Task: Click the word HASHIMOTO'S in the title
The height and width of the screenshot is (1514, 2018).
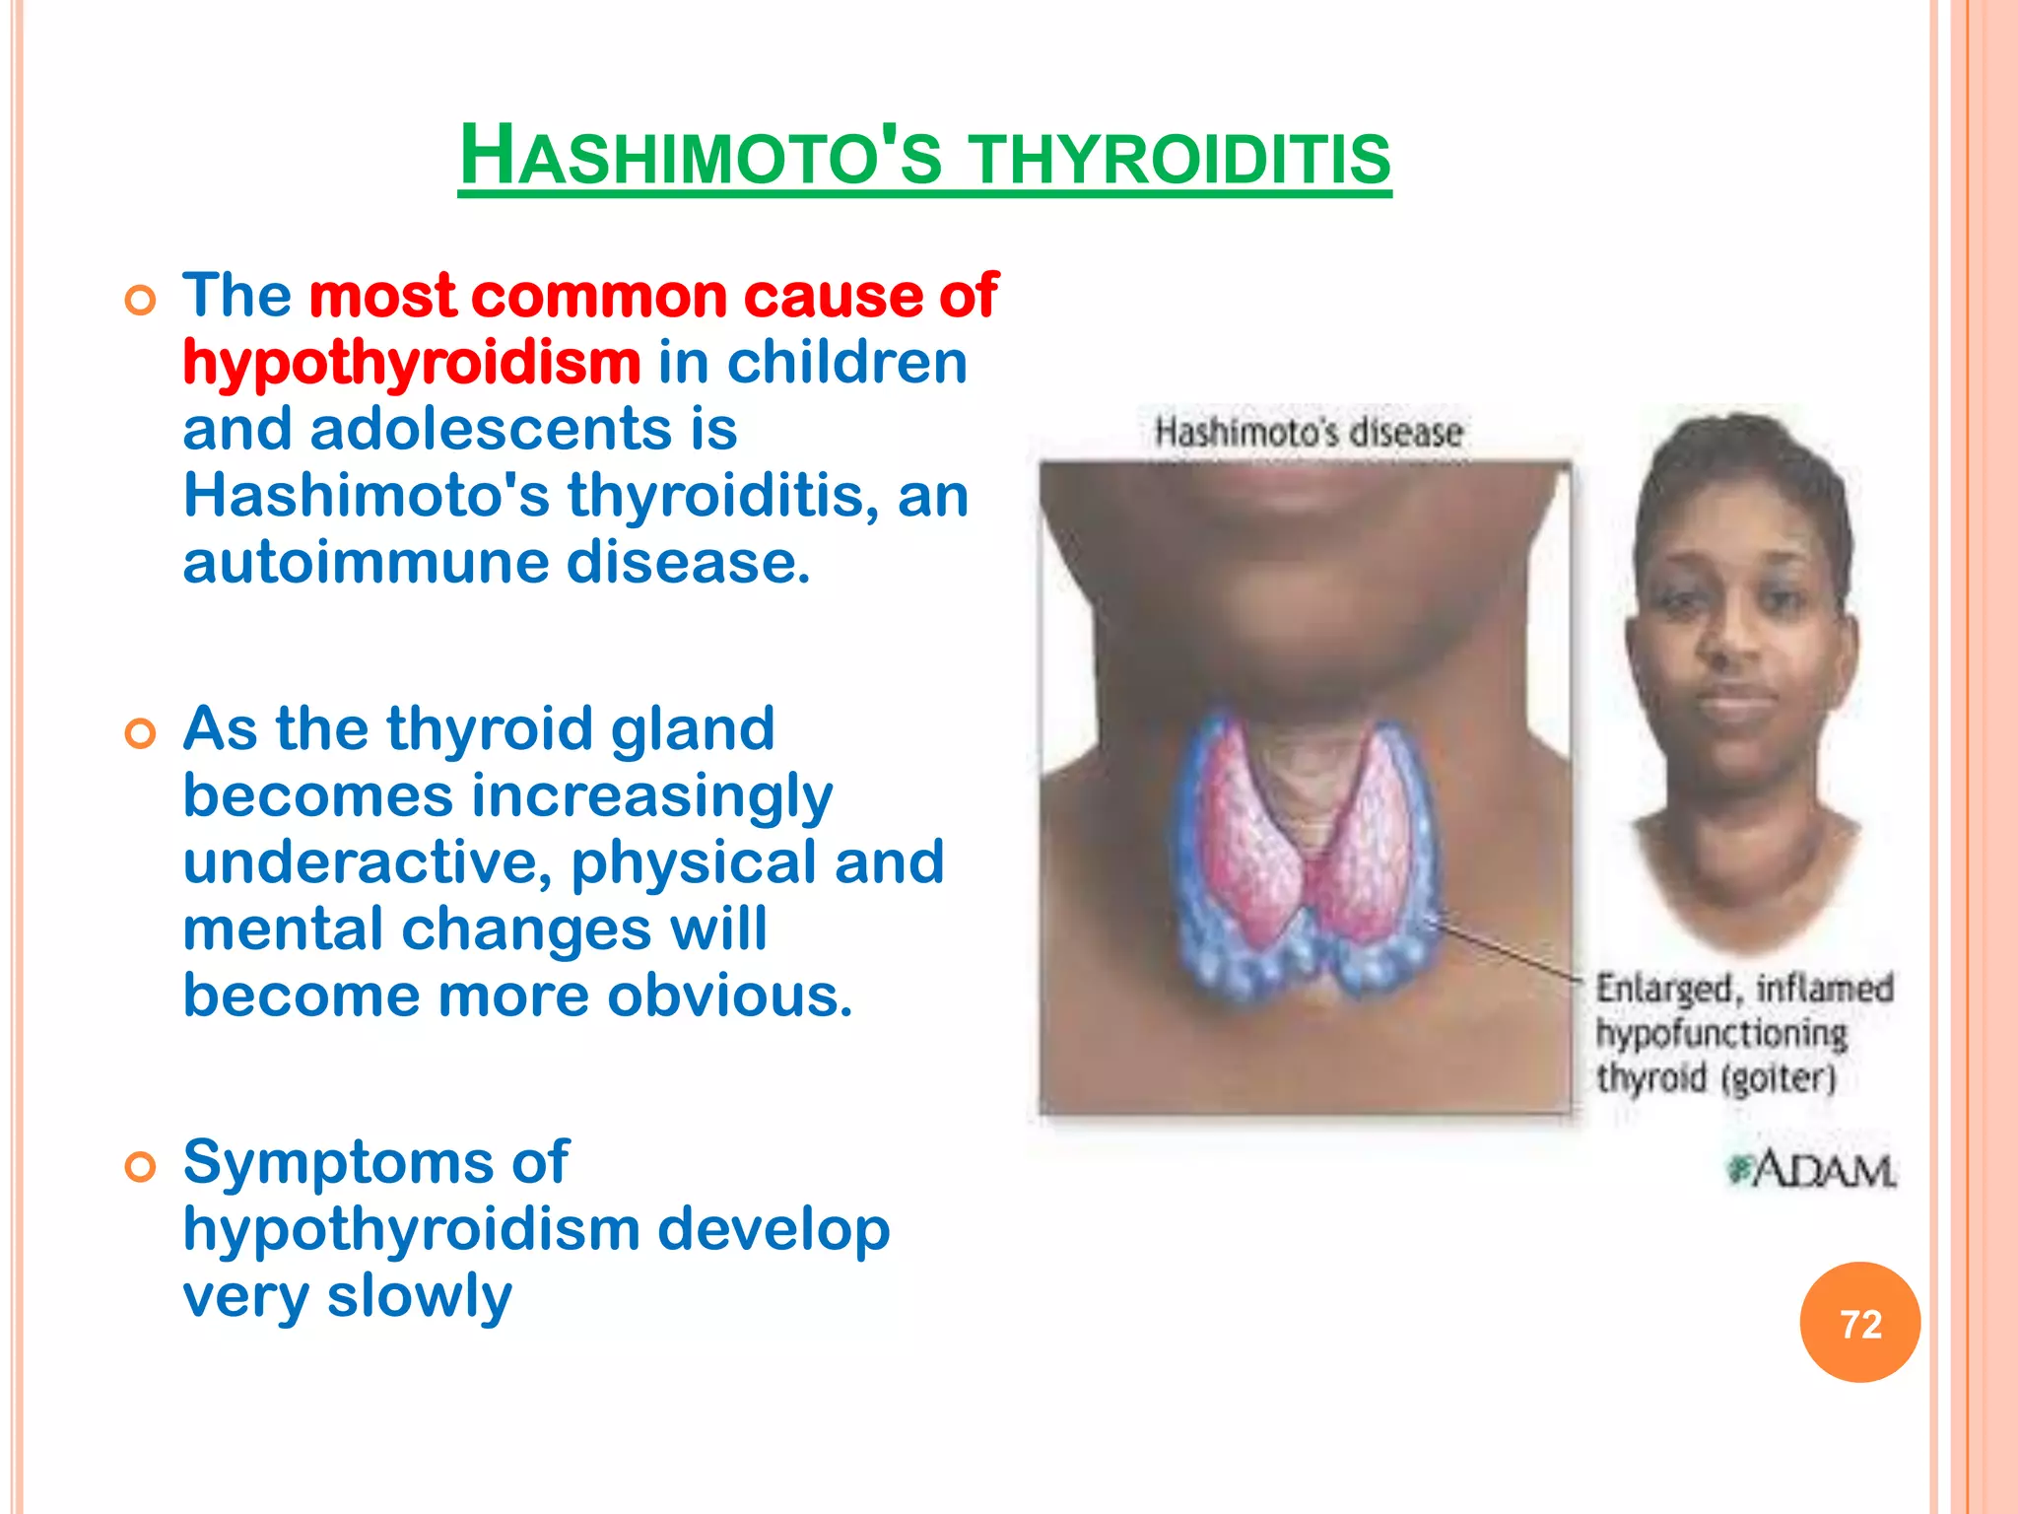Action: click(701, 158)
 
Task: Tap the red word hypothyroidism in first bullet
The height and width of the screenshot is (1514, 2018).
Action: click(412, 363)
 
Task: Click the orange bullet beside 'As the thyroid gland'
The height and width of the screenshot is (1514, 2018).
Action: click(141, 733)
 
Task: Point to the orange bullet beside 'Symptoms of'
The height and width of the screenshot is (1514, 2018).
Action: click(141, 1167)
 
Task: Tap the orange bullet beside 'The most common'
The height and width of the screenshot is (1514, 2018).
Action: click(141, 300)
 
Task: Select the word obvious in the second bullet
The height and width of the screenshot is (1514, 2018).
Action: click(729, 996)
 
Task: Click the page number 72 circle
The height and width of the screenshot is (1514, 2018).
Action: click(1859, 1323)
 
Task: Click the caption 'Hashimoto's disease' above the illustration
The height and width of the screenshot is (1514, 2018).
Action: click(1308, 433)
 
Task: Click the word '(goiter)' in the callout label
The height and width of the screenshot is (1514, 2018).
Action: click(1779, 1078)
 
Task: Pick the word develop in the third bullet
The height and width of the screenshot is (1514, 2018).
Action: click(773, 1230)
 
